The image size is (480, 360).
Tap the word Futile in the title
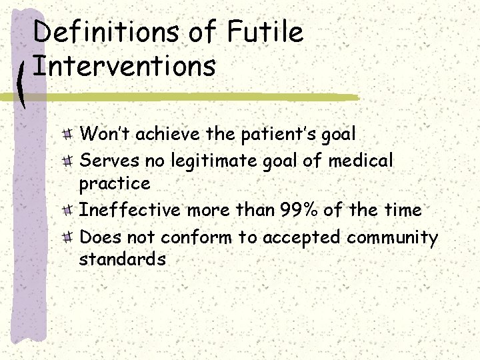coord(264,32)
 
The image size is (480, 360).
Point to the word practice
coord(115,183)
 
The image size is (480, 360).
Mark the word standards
coord(122,259)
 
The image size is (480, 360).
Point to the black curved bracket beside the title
coord(23,83)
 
